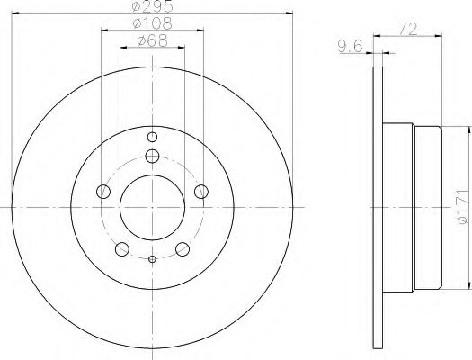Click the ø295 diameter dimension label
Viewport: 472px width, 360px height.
tap(153, 6)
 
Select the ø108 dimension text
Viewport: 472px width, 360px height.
tap(153, 23)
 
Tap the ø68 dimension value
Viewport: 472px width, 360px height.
tap(152, 40)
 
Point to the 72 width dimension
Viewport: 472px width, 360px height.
tap(408, 29)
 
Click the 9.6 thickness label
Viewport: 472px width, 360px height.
tap(350, 47)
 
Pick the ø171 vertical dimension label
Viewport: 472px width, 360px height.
tap(462, 207)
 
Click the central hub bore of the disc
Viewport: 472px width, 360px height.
tap(152, 208)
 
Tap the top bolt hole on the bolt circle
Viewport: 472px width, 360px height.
tap(152, 156)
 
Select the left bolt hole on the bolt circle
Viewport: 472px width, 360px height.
tap(103, 192)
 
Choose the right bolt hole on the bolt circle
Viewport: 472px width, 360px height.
tap(201, 192)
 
